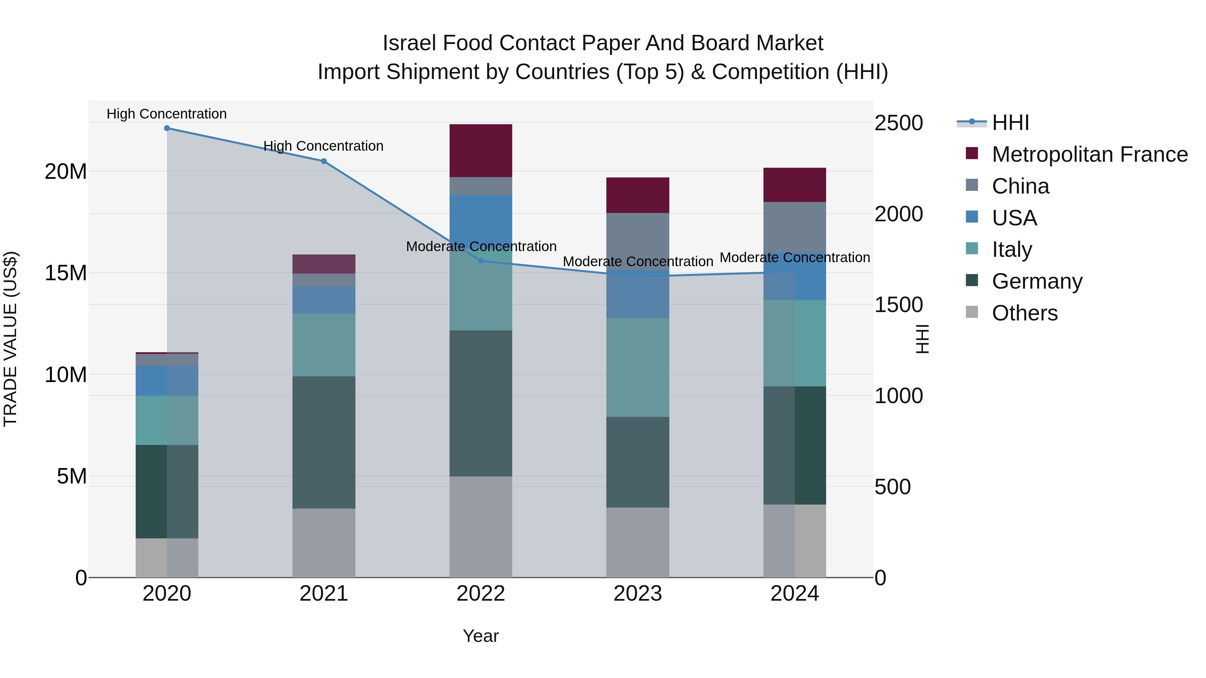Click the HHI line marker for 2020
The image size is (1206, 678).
[167, 128]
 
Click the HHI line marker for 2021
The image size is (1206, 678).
[324, 161]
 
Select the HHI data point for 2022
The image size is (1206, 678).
[481, 261]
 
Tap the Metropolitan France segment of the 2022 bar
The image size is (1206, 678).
[481, 151]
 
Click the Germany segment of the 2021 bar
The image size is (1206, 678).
[324, 442]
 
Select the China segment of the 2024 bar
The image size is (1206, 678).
[795, 227]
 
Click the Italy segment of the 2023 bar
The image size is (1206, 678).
[638, 367]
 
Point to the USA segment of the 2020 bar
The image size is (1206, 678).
[167, 381]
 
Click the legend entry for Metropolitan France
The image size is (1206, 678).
[1089, 154]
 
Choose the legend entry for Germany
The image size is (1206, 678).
[1037, 281]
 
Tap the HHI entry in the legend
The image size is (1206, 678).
[1010, 123]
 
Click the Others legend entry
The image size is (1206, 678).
[1024, 313]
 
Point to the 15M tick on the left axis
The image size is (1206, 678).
[66, 273]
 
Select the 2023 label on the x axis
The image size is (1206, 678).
[638, 594]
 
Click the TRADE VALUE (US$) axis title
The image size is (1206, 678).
[10, 339]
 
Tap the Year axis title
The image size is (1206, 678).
[481, 636]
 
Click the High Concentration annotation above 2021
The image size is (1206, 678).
[324, 146]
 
